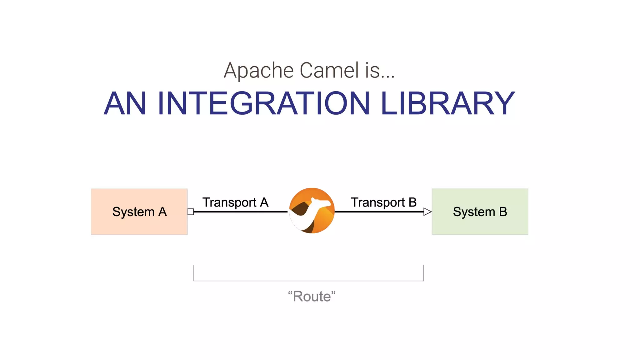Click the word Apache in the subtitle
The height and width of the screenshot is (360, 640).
(x=258, y=70)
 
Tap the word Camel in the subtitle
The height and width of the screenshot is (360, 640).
(x=329, y=70)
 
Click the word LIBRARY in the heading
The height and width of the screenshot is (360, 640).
(x=447, y=103)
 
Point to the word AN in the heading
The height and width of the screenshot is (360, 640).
(x=125, y=103)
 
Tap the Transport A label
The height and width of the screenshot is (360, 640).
(x=235, y=202)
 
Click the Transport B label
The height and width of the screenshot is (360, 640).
(x=383, y=202)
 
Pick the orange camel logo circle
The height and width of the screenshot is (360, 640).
(x=312, y=211)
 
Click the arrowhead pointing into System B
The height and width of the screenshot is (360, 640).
(x=427, y=212)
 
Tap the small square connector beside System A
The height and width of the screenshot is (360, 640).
(x=191, y=212)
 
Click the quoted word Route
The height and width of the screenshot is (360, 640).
(x=312, y=296)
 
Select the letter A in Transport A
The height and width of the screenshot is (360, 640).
(x=264, y=202)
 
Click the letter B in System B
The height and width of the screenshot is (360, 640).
(x=503, y=212)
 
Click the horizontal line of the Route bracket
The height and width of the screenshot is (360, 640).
(x=308, y=281)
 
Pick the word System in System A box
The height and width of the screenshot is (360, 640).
(x=133, y=212)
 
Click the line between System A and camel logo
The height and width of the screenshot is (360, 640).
(x=241, y=212)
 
